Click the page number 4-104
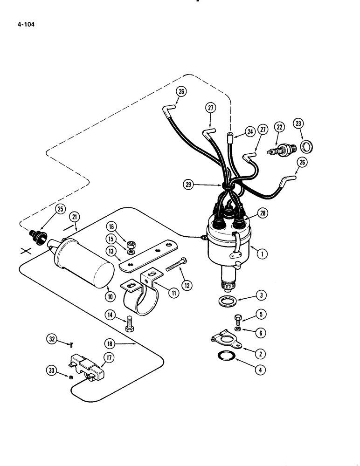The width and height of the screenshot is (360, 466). click(x=23, y=20)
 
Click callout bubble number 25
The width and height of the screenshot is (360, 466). click(x=60, y=210)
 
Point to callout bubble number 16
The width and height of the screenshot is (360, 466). click(x=111, y=227)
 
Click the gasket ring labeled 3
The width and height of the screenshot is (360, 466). click(x=226, y=302)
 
